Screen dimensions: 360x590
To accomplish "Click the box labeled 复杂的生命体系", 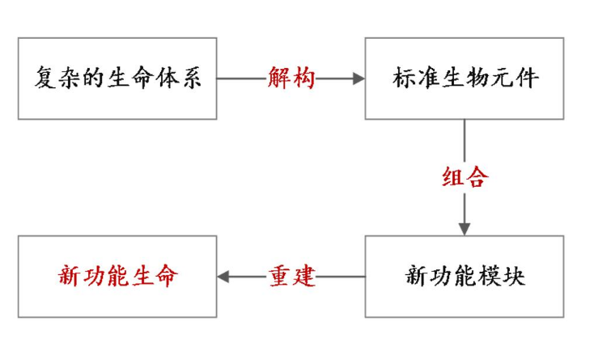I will click(x=117, y=78).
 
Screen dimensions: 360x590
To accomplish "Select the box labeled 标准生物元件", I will click(x=464, y=78).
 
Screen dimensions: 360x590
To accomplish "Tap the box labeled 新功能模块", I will click(x=464, y=277).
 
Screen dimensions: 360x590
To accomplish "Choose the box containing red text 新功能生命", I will click(x=117, y=277).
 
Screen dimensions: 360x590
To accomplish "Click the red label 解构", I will click(x=291, y=78).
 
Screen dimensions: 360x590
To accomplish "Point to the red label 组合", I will click(x=465, y=177).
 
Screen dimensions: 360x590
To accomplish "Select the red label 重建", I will click(x=291, y=277).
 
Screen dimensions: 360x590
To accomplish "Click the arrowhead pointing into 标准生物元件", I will click(x=357, y=78).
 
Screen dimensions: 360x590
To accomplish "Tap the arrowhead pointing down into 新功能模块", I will click(x=465, y=228).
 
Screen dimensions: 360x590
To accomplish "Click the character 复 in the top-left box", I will click(x=45, y=78).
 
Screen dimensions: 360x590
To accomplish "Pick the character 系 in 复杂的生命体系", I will click(x=190, y=78).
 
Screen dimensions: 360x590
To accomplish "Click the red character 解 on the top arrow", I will click(x=278, y=78).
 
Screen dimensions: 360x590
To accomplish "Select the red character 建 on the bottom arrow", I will click(x=303, y=277).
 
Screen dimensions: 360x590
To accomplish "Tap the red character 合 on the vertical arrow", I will click(x=477, y=177).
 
